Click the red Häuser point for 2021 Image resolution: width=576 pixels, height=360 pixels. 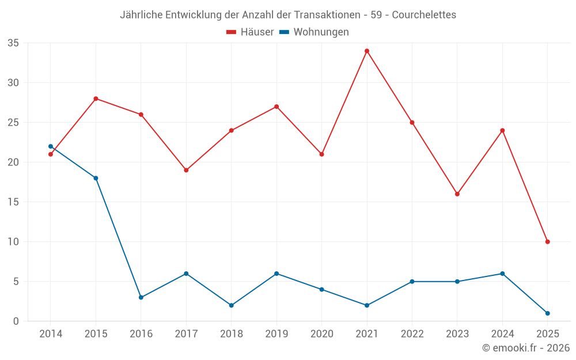pos(367,51)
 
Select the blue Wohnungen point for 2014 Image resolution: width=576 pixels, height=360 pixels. pos(51,146)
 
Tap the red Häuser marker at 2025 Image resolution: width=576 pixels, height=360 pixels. pos(547,242)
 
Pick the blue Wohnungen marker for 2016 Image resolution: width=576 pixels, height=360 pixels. pos(141,297)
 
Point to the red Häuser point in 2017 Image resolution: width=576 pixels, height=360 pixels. pos(186,170)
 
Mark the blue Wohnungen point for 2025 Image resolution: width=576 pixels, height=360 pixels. pos(547,313)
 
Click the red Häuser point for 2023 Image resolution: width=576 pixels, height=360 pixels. pos(457,194)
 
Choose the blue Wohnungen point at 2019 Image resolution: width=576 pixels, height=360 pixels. pos(276,274)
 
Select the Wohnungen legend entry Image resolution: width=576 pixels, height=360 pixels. pos(321,32)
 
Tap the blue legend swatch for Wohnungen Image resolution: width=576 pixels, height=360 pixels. pos(284,32)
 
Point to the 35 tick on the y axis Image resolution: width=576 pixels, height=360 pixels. pos(13,43)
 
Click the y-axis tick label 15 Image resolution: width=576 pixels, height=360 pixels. pos(13,202)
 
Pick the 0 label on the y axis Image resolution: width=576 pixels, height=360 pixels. pos(16,321)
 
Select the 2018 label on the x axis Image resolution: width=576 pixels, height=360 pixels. pos(232,334)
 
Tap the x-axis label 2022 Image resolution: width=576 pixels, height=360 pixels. pos(412,334)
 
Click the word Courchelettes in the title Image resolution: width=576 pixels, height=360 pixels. pos(424,15)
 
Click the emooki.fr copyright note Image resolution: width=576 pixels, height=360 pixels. pos(526,348)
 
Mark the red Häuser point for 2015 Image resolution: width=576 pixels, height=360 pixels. pos(96,98)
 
